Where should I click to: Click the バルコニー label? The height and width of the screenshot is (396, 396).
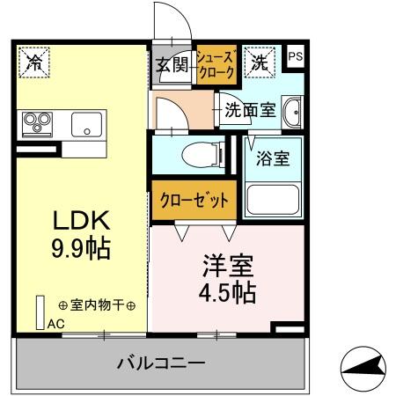[162, 363]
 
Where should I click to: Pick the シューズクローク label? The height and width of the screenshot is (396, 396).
[216, 63]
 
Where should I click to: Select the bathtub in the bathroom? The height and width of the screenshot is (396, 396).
[274, 200]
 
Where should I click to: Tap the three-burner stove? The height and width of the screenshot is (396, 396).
[38, 121]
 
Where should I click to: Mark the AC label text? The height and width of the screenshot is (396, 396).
[55, 323]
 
